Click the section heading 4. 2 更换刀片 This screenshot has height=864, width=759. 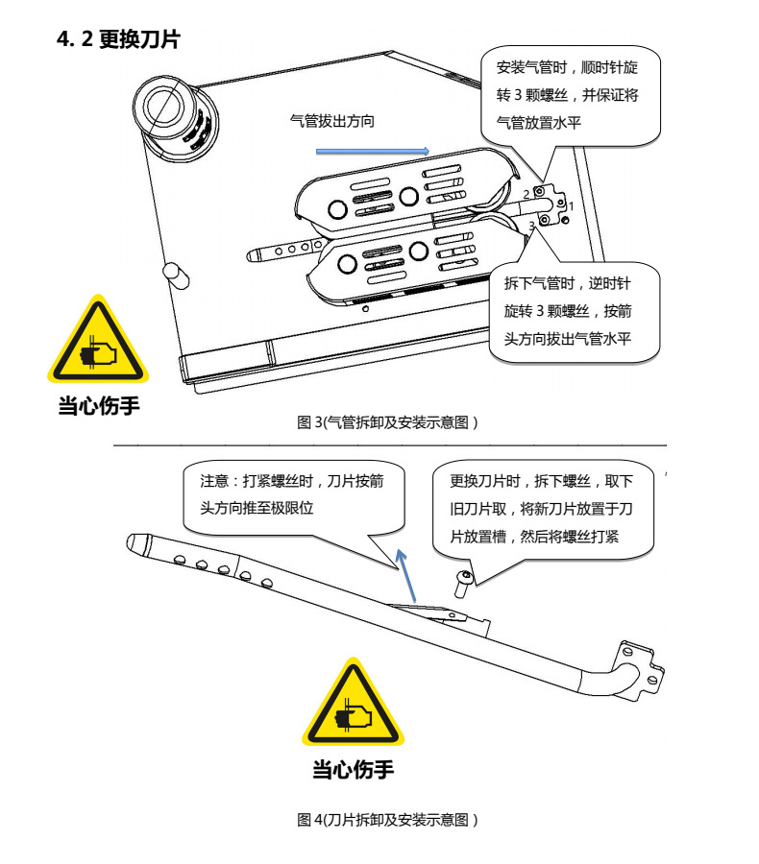[x=118, y=39]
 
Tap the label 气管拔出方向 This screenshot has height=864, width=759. [x=331, y=121]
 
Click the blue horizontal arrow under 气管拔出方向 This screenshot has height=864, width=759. [x=373, y=150]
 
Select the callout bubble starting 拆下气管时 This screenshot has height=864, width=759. [x=575, y=312]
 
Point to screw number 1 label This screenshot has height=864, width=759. [x=572, y=205]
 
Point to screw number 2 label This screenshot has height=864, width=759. [x=526, y=194]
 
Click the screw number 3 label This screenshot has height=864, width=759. [x=531, y=225]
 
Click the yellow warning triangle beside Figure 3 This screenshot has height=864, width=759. [x=98, y=344]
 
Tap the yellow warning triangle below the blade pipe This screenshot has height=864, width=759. [x=354, y=707]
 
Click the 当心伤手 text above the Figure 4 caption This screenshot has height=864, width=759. [x=353, y=769]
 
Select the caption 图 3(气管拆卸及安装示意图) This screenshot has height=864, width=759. [x=387, y=422]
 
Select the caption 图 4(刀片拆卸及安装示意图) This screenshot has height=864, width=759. [x=387, y=820]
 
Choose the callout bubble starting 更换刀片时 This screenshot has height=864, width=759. [x=544, y=509]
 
